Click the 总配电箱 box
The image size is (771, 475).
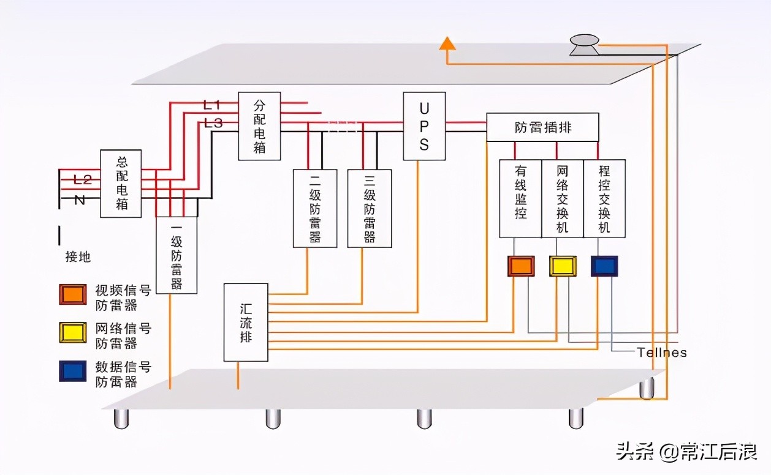pyautogui.click(x=121, y=184)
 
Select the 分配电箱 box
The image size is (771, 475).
pyautogui.click(x=259, y=126)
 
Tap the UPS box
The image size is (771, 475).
pyautogui.click(x=424, y=126)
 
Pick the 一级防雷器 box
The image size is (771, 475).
pyautogui.click(x=177, y=255)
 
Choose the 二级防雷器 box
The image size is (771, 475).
pyautogui.click(x=315, y=208)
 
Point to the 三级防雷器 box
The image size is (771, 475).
pyautogui.click(x=369, y=208)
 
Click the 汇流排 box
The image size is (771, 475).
pyautogui.click(x=246, y=322)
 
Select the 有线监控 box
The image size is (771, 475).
pyautogui.click(x=520, y=198)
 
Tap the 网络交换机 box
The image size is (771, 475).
pyautogui.click(x=562, y=198)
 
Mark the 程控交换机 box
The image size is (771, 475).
pyautogui.click(x=604, y=198)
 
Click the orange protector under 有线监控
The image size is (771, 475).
pyautogui.click(x=521, y=266)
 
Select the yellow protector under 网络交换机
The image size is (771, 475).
pyautogui.click(x=563, y=266)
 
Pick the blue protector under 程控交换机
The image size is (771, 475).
pyautogui.click(x=604, y=266)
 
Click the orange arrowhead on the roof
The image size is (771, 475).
pyautogui.click(x=447, y=43)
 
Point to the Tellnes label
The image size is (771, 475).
pyautogui.click(x=662, y=353)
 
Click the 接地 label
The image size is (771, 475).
pyautogui.click(x=78, y=257)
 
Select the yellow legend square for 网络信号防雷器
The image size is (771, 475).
pyautogui.click(x=72, y=332)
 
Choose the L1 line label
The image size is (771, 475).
pyautogui.click(x=212, y=105)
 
